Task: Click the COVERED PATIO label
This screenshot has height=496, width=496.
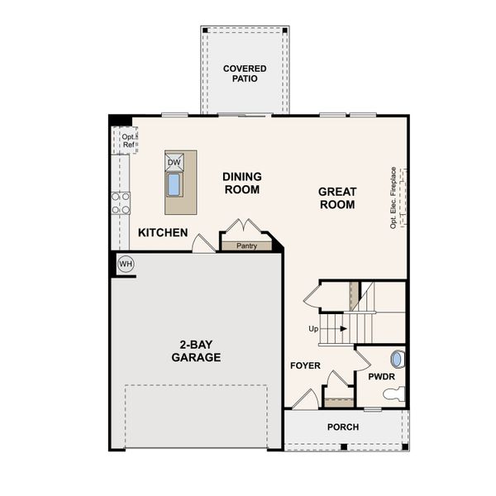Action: (x=245, y=73)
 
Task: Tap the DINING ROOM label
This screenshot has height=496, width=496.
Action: (x=241, y=183)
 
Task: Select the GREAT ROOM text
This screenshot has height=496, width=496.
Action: (x=337, y=198)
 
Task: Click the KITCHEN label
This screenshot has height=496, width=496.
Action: (x=163, y=233)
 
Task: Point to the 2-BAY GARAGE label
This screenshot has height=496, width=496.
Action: (x=196, y=351)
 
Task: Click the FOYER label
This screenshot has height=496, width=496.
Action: (x=305, y=365)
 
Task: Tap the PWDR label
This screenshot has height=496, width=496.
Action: (x=381, y=377)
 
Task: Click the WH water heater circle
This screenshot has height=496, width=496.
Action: (x=126, y=264)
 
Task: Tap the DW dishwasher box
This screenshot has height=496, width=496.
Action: (x=174, y=162)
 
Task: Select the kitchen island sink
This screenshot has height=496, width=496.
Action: (x=174, y=184)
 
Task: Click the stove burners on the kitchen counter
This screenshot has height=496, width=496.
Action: (x=121, y=203)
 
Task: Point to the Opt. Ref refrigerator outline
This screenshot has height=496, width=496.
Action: (x=126, y=141)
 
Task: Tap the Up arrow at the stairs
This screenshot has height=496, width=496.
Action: (x=328, y=329)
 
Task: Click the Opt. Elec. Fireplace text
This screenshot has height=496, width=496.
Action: (x=393, y=198)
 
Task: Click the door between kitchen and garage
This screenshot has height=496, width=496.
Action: (x=202, y=244)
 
